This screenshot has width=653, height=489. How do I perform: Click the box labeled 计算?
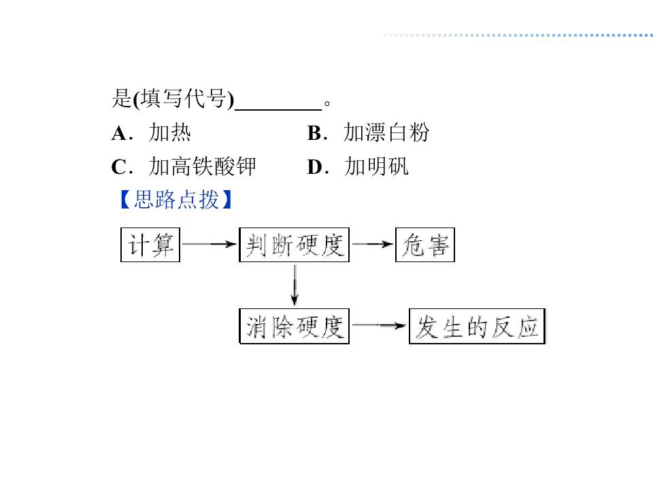click(x=150, y=245)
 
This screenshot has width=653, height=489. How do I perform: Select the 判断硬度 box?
click(x=294, y=245)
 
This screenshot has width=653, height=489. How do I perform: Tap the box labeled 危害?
click(x=424, y=245)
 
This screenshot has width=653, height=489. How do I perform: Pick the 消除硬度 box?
click(x=294, y=326)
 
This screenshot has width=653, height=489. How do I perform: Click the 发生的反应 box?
click(x=477, y=326)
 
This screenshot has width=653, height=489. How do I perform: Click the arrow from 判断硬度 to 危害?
click(x=372, y=244)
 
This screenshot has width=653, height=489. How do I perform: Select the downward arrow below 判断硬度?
click(x=295, y=285)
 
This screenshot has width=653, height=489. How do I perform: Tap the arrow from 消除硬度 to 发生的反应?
click(x=379, y=325)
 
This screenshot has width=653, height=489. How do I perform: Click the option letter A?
click(x=119, y=134)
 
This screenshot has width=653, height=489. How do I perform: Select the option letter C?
click(x=119, y=167)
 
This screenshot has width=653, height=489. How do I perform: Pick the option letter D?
click(x=314, y=167)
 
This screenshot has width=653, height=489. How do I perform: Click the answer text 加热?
click(x=170, y=133)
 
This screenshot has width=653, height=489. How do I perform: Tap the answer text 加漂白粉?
click(x=386, y=133)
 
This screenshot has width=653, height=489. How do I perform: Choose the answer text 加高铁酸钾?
click(x=203, y=167)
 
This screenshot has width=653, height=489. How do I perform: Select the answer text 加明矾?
click(x=377, y=167)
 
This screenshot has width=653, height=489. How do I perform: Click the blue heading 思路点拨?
click(x=176, y=200)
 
